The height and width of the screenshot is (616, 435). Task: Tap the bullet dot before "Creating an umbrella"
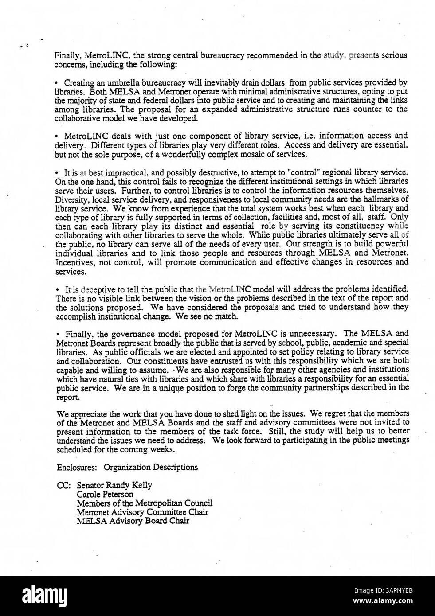point(57,83)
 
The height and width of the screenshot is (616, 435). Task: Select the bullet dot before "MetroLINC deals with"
point(57,136)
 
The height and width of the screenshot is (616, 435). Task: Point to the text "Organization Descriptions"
point(151,467)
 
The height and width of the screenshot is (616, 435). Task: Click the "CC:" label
point(64,485)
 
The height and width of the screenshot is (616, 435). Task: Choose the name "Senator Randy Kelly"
point(114,485)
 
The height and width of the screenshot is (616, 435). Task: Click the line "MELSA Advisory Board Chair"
point(133,521)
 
